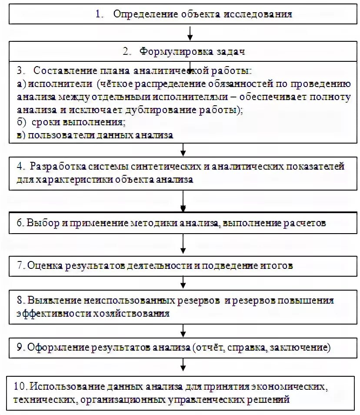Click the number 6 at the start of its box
[20, 223]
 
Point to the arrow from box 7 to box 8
[183, 283]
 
